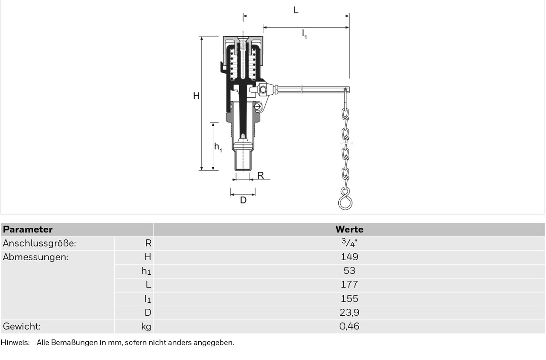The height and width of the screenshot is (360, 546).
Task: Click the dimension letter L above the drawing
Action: (x=296, y=10)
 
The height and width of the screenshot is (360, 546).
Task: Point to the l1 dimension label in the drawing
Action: (x=304, y=34)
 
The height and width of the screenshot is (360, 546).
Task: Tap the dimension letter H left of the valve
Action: (x=196, y=96)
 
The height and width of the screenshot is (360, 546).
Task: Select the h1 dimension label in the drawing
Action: (x=218, y=147)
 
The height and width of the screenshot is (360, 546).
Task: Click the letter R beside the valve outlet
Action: (x=261, y=175)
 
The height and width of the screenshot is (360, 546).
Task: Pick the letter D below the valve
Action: (x=243, y=200)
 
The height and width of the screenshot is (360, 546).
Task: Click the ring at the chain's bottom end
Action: (x=345, y=202)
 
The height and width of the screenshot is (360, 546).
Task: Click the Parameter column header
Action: (x=28, y=229)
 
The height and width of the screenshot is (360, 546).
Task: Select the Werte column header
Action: (x=349, y=229)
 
